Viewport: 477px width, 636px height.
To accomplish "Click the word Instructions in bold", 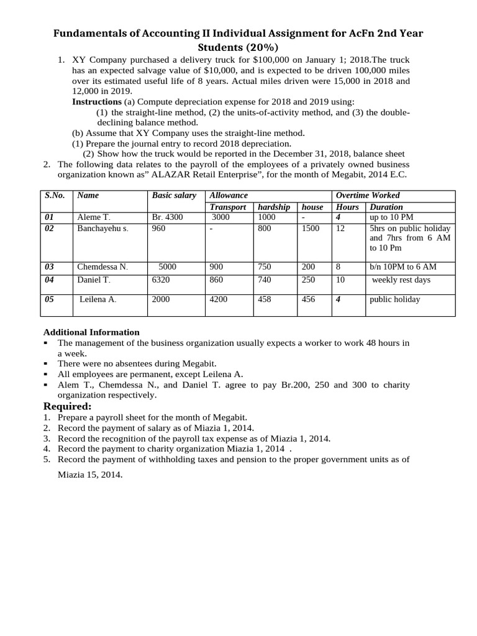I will coord(97,101).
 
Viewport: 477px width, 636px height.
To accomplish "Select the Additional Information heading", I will coord(91,332).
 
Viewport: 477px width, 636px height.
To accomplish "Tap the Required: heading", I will coord(67,406).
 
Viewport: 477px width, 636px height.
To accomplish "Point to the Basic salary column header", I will coord(174,196).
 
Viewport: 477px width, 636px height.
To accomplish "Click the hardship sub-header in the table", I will coord(274,207).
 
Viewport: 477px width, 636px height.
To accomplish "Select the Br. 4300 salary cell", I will coord(167,217).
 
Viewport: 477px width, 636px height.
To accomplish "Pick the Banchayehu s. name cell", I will coord(102,229).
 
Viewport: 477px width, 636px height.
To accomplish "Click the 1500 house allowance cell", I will coord(311,229).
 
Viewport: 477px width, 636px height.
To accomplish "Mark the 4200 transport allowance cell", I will coord(219,299).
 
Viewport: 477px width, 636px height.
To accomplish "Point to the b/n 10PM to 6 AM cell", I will coord(402,267).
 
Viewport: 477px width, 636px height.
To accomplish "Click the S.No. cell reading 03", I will coord(50,267).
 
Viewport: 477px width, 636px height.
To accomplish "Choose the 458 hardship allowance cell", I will coord(265,299).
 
